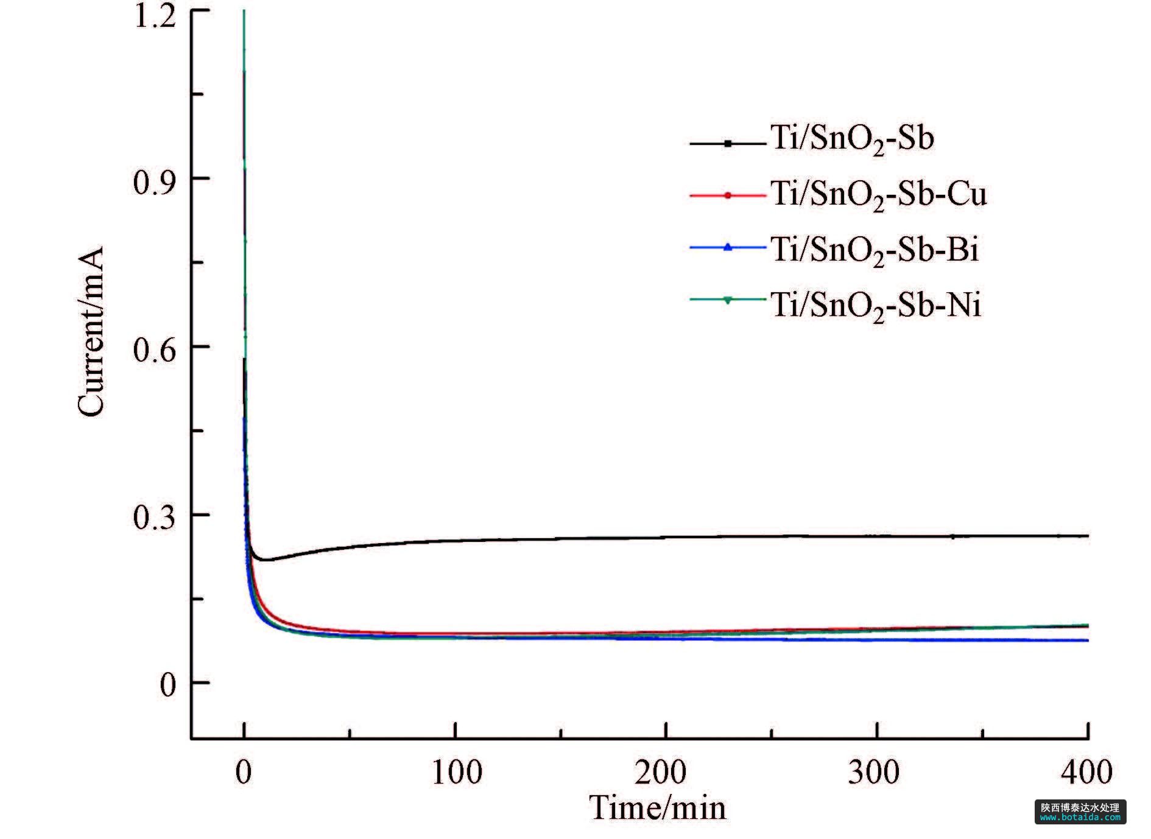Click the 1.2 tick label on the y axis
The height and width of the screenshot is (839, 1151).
point(155,16)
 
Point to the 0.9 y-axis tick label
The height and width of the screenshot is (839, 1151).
point(154,182)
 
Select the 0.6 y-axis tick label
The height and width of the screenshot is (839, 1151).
point(154,351)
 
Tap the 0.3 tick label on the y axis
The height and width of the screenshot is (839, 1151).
point(154,519)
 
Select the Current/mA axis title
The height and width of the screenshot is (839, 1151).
point(91,331)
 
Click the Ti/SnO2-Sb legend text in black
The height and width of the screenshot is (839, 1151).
point(853,139)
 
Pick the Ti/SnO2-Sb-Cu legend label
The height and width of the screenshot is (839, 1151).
point(878,195)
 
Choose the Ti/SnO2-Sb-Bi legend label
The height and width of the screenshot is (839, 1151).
point(875,250)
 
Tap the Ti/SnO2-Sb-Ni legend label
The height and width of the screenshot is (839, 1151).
point(876,304)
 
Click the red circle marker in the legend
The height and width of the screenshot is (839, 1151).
point(728,195)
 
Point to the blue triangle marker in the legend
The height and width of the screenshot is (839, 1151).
point(728,247)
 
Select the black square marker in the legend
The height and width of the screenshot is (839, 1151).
point(728,144)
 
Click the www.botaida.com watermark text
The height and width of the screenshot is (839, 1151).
point(1080,818)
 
